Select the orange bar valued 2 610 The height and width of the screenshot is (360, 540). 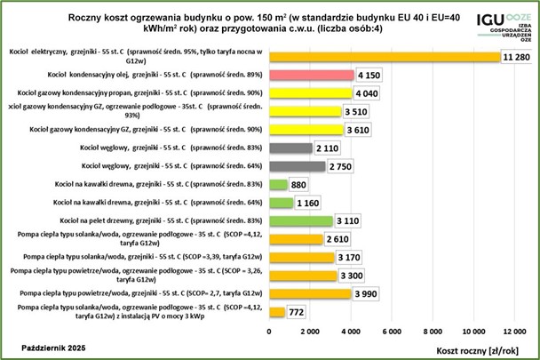tap(295, 239)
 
